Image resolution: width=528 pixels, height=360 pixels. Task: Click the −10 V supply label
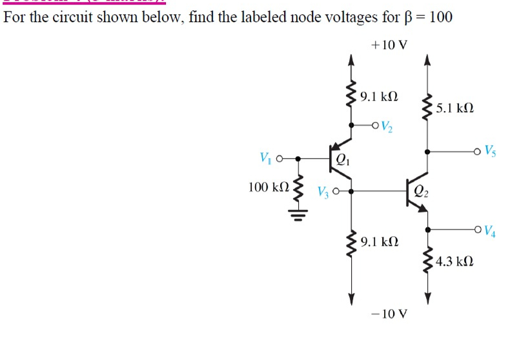390,314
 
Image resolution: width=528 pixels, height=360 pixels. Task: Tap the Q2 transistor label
420,191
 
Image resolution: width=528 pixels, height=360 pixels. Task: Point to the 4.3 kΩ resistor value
455,261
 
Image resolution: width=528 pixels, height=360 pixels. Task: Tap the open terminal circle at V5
476,152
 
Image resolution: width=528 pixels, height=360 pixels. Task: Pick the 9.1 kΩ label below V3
380,243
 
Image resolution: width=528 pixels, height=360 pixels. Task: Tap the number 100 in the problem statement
440,17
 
